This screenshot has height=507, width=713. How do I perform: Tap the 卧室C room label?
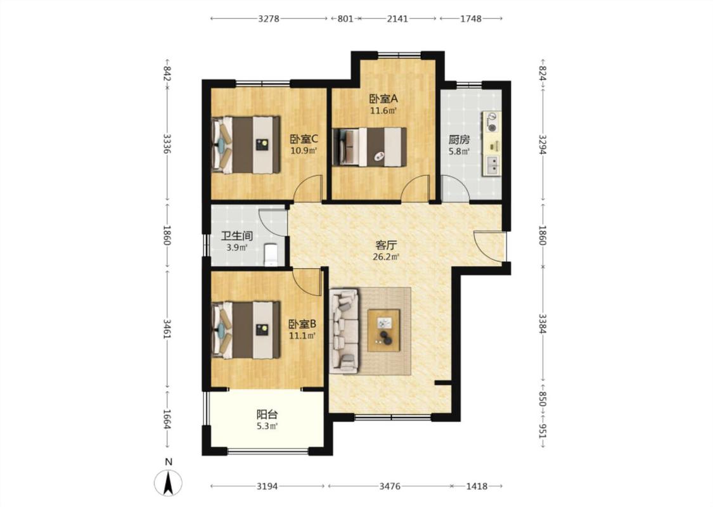304,139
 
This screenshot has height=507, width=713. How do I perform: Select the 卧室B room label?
302,324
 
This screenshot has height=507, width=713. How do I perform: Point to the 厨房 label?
459,139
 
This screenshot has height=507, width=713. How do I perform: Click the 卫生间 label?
236,236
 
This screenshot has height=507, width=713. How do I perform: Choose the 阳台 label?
267,414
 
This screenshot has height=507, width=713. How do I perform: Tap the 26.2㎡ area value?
386,257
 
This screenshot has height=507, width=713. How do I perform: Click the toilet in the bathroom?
271,255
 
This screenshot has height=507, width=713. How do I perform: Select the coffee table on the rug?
384,330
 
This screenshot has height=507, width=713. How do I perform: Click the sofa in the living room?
344,330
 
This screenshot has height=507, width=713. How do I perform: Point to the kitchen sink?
492,165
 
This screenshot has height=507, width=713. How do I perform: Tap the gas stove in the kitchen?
492,122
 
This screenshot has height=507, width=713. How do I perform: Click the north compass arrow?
168,483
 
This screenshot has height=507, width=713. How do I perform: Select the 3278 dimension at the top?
268,18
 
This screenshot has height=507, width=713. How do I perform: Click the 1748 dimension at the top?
471,18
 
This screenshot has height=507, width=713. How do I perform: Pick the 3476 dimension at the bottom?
390,486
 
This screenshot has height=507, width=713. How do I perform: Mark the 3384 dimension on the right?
542,323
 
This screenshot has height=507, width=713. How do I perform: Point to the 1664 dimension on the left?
167,420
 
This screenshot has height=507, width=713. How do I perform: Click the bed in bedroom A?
369,146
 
